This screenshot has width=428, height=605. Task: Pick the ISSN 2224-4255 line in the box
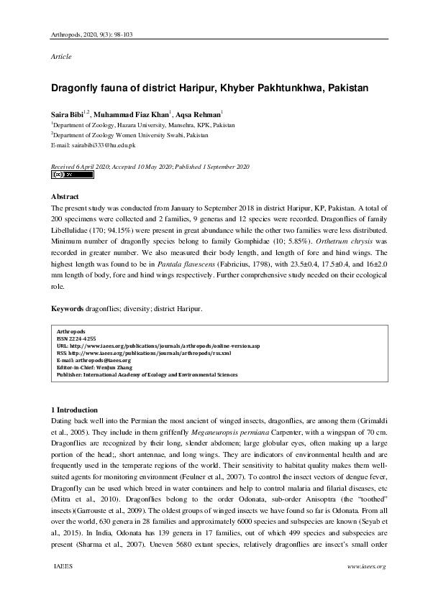[x=76, y=338]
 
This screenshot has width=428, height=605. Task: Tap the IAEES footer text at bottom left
[x=63, y=567]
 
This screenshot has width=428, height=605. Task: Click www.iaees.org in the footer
[x=366, y=567]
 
